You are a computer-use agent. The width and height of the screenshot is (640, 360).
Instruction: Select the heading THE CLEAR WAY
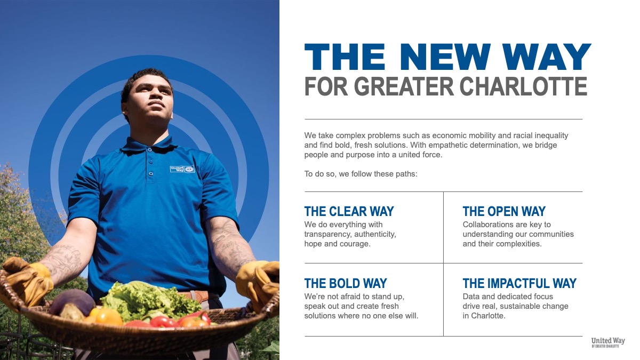349,211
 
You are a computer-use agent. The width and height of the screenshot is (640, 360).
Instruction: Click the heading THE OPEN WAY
504,211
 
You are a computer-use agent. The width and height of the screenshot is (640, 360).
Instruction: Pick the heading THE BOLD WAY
346,283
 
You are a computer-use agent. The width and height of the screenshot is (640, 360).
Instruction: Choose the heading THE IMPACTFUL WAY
519,283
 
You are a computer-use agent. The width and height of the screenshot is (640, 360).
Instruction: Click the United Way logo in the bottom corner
608,342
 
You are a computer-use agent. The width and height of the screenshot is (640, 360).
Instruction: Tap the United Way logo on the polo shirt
182,169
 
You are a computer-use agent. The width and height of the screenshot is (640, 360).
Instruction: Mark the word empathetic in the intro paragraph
448,146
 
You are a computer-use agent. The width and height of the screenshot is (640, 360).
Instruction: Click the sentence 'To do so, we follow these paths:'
361,174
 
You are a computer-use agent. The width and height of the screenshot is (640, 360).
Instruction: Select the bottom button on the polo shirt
151,174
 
